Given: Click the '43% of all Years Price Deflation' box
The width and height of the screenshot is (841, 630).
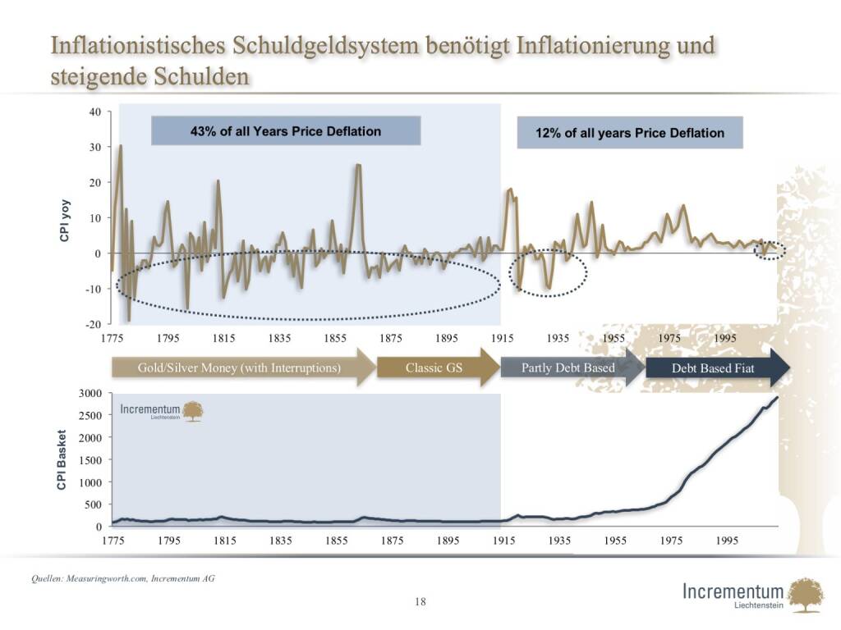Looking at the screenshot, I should (286, 130).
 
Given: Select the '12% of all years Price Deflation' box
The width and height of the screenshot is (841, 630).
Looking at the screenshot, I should (630, 132).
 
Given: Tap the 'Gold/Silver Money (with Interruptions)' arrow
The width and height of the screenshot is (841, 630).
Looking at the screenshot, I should (239, 367).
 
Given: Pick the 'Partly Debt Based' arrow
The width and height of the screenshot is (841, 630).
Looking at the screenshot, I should (568, 367).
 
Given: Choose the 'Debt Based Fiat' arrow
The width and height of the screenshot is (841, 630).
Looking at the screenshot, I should (713, 368).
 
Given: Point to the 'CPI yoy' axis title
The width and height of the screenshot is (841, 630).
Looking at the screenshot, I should (64, 220).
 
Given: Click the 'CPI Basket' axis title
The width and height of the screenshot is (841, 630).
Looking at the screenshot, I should (62, 460).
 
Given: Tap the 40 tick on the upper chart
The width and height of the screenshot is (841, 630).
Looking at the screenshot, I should (94, 112).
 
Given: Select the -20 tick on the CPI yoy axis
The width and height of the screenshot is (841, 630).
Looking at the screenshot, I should (93, 324).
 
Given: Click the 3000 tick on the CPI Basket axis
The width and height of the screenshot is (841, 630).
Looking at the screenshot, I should (89, 394).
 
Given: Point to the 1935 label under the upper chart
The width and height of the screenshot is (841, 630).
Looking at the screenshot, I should (558, 338).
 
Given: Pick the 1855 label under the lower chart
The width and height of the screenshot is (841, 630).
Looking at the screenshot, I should (336, 541).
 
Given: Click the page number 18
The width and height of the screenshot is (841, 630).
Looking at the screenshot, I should (420, 602).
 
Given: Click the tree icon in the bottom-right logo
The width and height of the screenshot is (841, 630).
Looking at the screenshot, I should (805, 595).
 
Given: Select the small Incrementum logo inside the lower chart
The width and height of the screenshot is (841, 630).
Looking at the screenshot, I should (162, 411).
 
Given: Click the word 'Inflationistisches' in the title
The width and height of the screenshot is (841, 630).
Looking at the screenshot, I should (138, 46).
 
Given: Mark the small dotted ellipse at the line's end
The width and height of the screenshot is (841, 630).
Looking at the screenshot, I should (770, 250).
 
